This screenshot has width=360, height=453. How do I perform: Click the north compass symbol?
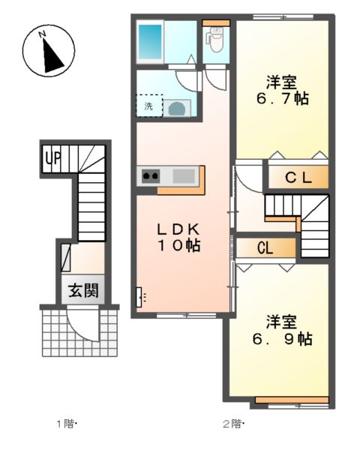(x=46, y=51)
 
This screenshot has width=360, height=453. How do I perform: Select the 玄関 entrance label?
(x=79, y=291)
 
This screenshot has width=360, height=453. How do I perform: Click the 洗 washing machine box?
(x=148, y=106)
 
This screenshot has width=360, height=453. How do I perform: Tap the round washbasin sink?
(x=178, y=108)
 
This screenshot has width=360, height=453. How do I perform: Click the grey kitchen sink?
(x=182, y=176)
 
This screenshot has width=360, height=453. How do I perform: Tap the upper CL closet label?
(x=298, y=178)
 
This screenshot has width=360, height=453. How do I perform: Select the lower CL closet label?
(x=264, y=248)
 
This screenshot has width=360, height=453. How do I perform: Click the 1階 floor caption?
(x=67, y=424)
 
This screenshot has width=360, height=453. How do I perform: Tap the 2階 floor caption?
(x=233, y=424)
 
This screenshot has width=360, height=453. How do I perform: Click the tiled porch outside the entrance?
(x=52, y=334)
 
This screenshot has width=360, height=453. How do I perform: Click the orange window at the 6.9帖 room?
(x=292, y=398)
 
